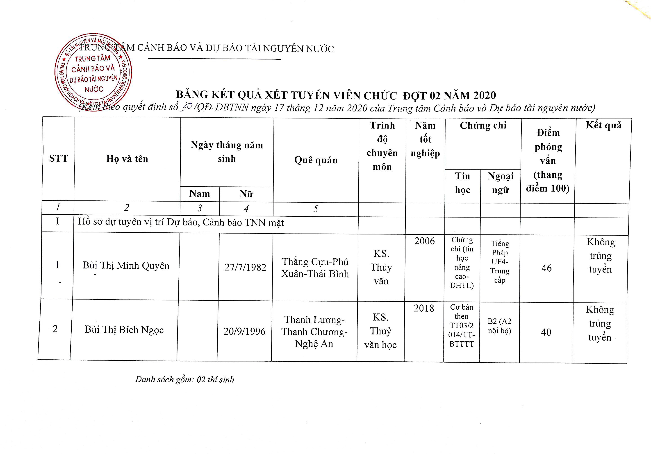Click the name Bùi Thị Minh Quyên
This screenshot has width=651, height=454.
(x=126, y=266)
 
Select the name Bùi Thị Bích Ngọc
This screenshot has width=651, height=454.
(x=124, y=330)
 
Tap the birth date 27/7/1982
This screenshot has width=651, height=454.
(x=245, y=267)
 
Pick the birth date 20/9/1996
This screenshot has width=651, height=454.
(x=244, y=331)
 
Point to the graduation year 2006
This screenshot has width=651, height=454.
(x=424, y=241)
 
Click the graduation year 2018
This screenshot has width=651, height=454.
(x=424, y=308)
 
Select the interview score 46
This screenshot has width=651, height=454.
(x=546, y=268)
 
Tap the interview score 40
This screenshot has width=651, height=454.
(x=546, y=332)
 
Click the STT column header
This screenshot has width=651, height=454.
(x=59, y=158)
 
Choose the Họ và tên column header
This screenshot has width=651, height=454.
(x=127, y=159)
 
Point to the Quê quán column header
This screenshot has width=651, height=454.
(x=316, y=160)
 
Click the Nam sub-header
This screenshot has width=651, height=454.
(x=200, y=194)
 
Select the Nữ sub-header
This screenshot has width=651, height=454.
(x=246, y=194)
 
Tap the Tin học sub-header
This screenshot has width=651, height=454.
(x=462, y=183)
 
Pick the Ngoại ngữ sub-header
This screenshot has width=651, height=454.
(x=501, y=183)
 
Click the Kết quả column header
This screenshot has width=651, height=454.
(x=603, y=125)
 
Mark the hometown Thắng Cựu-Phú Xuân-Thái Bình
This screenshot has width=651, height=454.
(x=315, y=268)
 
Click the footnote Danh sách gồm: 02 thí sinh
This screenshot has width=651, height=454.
(x=184, y=379)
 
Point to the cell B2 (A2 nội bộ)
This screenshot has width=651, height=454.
(x=499, y=326)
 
